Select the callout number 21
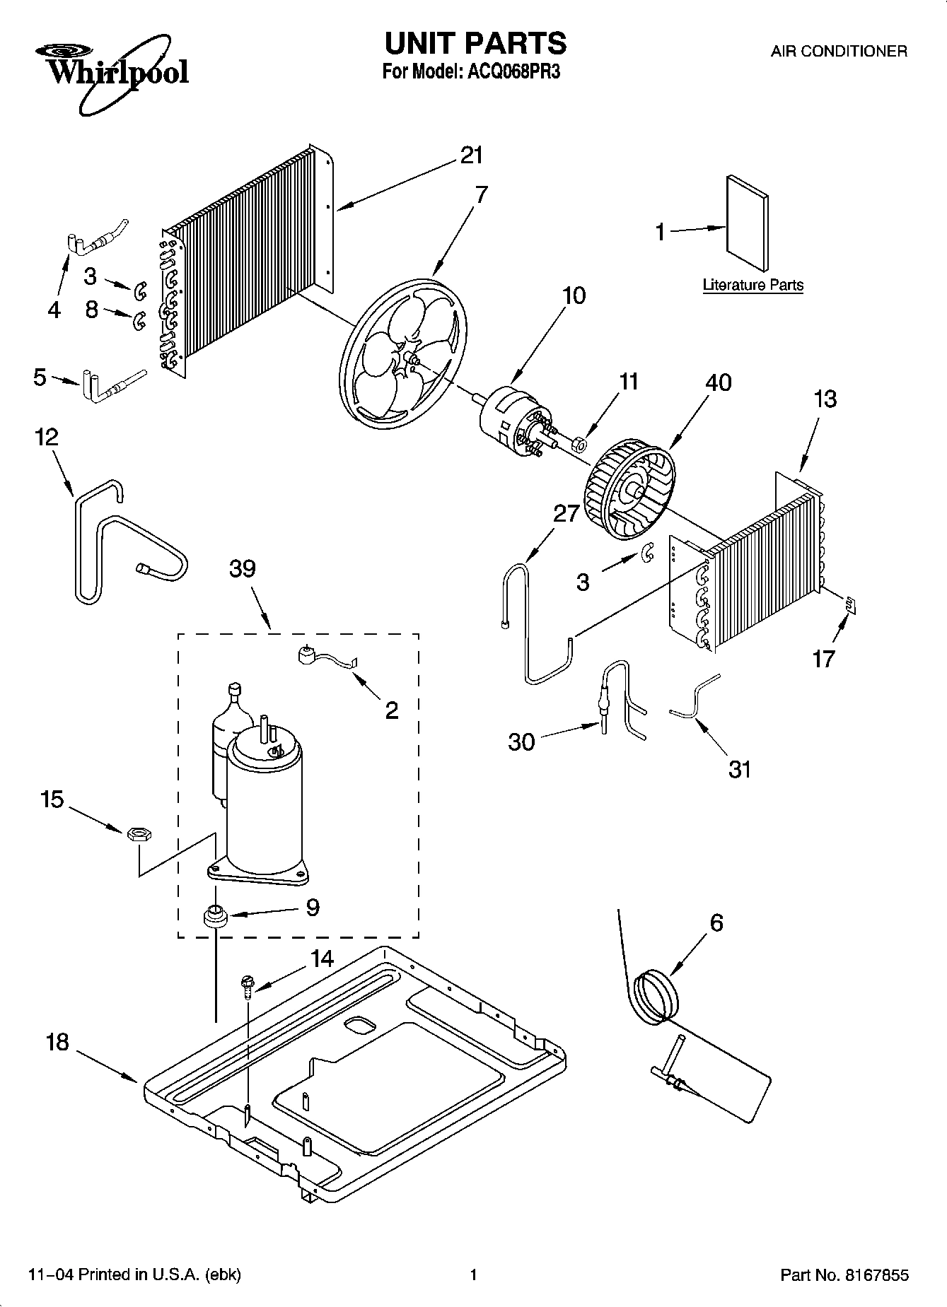pyautogui.click(x=471, y=156)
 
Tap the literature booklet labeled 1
pyautogui.click(x=747, y=223)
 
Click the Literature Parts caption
pyautogui.click(x=753, y=286)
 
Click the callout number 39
pyautogui.click(x=242, y=568)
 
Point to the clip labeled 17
pyautogui.click(x=851, y=603)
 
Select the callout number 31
pyautogui.click(x=739, y=768)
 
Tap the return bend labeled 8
pyautogui.click(x=139, y=320)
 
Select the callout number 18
pyautogui.click(x=57, y=1041)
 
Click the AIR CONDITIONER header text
pyautogui.click(x=838, y=51)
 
